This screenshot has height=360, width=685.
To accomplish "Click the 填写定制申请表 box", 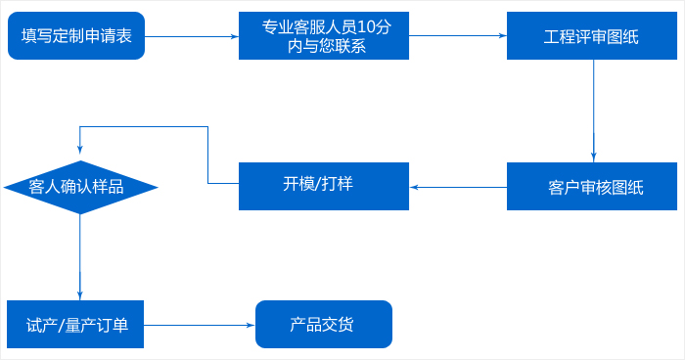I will click(76, 36).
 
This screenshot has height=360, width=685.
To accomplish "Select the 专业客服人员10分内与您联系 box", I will click(323, 36).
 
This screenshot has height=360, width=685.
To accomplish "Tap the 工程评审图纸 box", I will click(591, 36).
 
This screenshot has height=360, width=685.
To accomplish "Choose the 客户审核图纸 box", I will click(591, 186).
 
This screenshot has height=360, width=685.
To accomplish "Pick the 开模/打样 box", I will click(323, 186).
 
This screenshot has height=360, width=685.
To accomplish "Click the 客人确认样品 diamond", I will click(79, 187).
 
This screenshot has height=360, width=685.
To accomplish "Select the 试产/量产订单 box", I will click(76, 324).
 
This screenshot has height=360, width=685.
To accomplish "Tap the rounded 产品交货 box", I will click(323, 324).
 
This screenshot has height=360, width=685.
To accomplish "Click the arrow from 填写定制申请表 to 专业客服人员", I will click(192, 36).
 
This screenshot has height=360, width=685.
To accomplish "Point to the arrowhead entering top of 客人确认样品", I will click(79, 155).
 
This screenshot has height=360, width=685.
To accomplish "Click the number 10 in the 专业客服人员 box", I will click(368, 27).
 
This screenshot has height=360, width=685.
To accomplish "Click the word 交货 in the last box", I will click(339, 324).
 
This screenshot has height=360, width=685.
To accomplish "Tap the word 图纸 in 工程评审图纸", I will click(622, 37).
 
